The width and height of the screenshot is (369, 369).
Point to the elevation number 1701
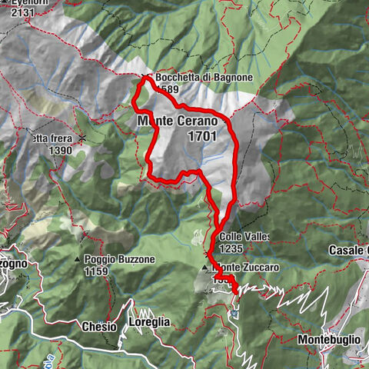(x=201, y=135)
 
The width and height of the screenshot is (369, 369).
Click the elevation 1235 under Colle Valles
(x=231, y=249)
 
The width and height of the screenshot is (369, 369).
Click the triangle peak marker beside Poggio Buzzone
(x=78, y=259)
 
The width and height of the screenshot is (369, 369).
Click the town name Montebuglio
(x=329, y=339)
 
